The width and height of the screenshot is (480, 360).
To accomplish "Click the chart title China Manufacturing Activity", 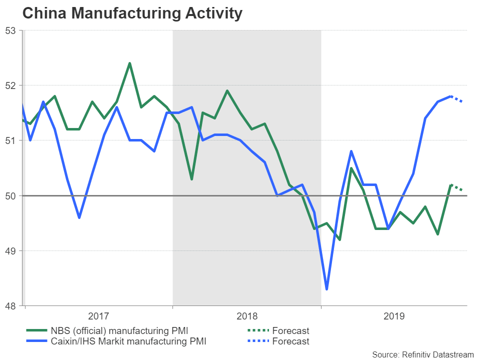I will pos(132,13).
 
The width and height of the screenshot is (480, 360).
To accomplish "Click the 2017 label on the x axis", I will pos(98,316).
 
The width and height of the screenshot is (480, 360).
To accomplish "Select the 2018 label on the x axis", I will pos(246,316).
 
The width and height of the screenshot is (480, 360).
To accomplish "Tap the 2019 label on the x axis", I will pos(394,316).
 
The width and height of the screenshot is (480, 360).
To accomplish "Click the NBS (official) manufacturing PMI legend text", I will pos(120,330).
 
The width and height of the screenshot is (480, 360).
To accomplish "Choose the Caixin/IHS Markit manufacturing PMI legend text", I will pos(128,341).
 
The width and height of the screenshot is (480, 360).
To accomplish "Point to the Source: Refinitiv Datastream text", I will pos(422,354).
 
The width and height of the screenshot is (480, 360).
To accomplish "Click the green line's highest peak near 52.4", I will pos(129,63).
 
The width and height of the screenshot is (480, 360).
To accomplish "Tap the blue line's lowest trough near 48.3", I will pos(326,289).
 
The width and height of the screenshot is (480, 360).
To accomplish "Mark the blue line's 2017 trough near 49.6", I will pos(79,217).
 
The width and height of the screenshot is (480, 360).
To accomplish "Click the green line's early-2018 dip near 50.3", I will pos(191,179).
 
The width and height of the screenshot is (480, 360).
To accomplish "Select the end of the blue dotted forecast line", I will pos(462,102).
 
